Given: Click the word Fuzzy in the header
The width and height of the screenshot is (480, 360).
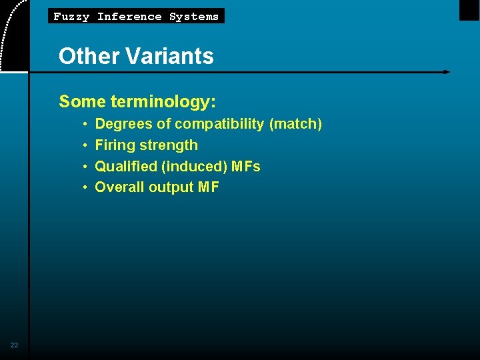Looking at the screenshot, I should click(71, 17).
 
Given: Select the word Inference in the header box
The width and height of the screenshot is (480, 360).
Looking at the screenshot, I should click(129, 17).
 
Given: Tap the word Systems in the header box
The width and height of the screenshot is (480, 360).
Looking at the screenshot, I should click(194, 17).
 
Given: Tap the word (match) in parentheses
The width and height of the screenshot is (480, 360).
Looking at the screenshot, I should click(295, 124).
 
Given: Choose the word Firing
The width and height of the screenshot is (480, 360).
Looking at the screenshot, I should click(115, 145).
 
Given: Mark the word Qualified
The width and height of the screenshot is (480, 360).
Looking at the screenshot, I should click(126, 167).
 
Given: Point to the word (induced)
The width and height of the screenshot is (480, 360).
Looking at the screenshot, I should click(194, 167).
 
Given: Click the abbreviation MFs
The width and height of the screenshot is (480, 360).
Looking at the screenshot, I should click(246, 167).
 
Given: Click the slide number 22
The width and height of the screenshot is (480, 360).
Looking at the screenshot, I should click(14, 345).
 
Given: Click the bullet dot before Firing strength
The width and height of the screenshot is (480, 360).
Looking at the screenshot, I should click(86, 146).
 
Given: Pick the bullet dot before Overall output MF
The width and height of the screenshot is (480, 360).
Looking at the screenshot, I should click(86, 188).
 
